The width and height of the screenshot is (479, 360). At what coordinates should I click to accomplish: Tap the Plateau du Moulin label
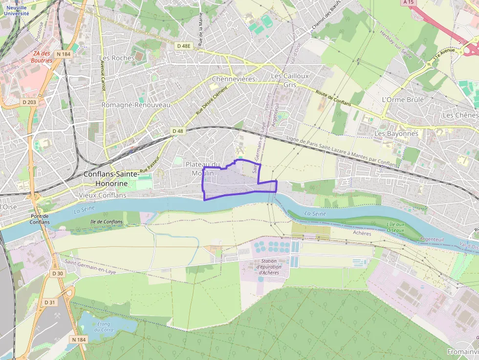tap(203, 169)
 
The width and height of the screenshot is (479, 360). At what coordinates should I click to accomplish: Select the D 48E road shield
tap(184, 46)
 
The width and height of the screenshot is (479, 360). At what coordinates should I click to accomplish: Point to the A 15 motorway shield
tap(408, 2)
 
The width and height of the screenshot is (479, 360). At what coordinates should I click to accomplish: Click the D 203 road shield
tap(29, 102)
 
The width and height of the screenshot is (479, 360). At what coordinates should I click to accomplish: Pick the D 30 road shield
tap(58, 273)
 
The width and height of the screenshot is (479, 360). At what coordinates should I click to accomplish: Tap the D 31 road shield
tap(50, 302)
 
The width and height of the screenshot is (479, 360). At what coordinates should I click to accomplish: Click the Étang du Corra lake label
tap(103, 327)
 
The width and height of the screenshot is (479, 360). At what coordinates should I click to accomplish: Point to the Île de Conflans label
tap(106, 222)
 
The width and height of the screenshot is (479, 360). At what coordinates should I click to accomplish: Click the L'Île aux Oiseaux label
tap(395, 227)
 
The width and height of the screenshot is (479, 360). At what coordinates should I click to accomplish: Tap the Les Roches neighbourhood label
tap(117, 58)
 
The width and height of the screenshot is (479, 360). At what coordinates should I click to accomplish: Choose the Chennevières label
tap(234, 79)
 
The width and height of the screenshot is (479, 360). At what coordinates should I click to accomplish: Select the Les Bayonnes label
tap(396, 133)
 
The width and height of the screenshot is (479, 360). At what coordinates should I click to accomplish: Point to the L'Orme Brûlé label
tap(402, 99)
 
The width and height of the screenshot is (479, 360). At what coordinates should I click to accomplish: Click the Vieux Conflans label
tap(103, 195)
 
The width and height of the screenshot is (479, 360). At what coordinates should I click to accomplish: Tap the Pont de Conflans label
tap(40, 219)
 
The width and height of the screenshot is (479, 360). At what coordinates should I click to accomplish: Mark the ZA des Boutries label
tap(42, 57)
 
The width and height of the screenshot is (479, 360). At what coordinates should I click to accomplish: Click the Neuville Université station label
tap(17, 11)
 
